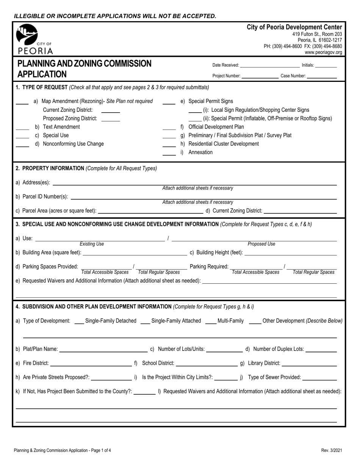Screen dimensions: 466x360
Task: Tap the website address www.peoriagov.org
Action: pyautogui.click(x=323, y=53)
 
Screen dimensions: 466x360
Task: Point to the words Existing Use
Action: pyautogui.click(x=92, y=244)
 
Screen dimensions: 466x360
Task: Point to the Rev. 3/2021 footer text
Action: pyautogui.click(x=331, y=450)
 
